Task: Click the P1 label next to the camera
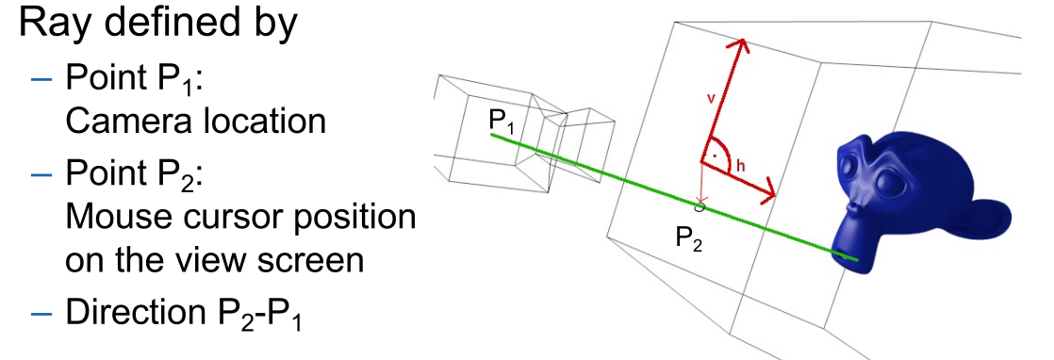pyautogui.click(x=502, y=121)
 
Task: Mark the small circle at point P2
pyautogui.click(x=700, y=205)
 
